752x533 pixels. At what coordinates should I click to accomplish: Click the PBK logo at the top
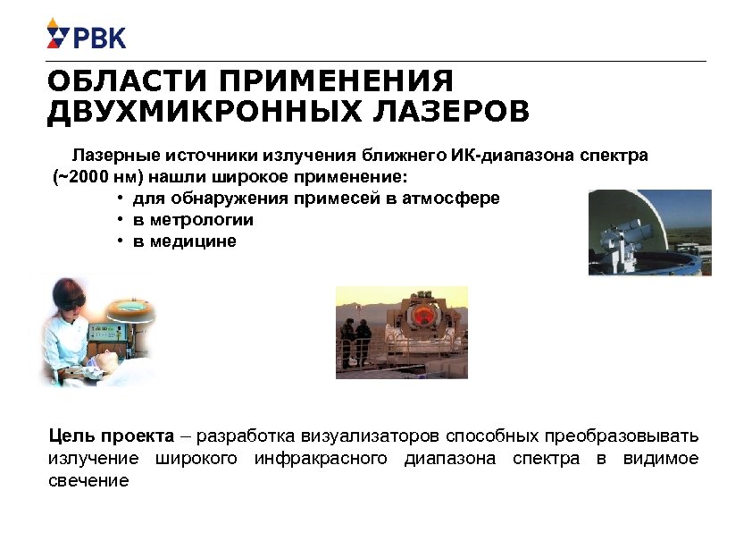pos(86,37)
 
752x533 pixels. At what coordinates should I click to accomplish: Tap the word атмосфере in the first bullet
pos(454,198)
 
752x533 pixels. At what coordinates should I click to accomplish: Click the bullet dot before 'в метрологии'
pos(119,219)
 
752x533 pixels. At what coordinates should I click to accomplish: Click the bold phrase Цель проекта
pos(111,436)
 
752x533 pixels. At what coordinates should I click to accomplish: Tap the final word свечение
pos(88,480)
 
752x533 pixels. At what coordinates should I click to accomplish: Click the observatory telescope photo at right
pos(649,233)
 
